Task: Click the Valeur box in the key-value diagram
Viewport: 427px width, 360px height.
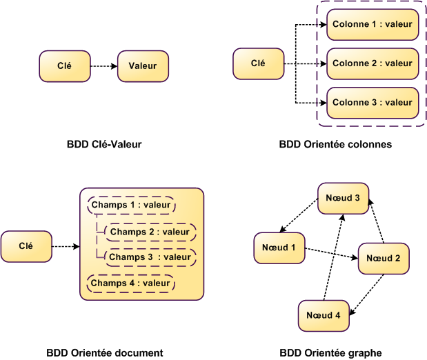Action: (143, 66)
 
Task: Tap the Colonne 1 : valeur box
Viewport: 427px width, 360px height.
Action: (372, 25)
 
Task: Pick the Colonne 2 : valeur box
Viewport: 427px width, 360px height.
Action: (372, 63)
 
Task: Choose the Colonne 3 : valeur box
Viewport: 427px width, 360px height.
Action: (372, 103)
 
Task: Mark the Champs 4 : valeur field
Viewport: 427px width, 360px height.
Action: (131, 283)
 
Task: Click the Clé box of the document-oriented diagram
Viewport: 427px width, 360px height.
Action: (26, 246)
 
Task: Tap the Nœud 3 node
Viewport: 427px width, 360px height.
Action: (343, 198)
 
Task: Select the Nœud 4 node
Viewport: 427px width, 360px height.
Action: (324, 315)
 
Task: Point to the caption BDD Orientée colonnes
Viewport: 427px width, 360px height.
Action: (335, 145)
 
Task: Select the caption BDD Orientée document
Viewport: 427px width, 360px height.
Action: (105, 353)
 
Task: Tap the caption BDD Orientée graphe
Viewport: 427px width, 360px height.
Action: (332, 353)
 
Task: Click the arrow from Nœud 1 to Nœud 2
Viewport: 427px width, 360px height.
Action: (331, 254)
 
